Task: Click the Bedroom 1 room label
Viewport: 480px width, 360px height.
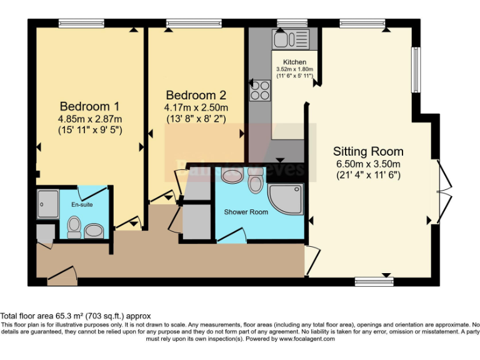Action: tap(89, 106)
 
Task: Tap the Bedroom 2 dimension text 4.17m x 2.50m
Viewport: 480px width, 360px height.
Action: tap(196, 107)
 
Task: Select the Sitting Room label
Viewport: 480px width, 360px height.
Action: tap(368, 151)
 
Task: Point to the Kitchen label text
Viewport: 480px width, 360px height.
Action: tap(294, 62)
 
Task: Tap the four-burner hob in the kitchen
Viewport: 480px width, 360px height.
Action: tap(259, 91)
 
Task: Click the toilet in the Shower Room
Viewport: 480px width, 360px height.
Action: tap(255, 181)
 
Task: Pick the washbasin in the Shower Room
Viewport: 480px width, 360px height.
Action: tap(231, 176)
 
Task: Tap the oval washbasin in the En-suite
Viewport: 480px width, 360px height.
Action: tap(94, 231)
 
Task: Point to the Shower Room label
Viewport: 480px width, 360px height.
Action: tap(246, 212)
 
